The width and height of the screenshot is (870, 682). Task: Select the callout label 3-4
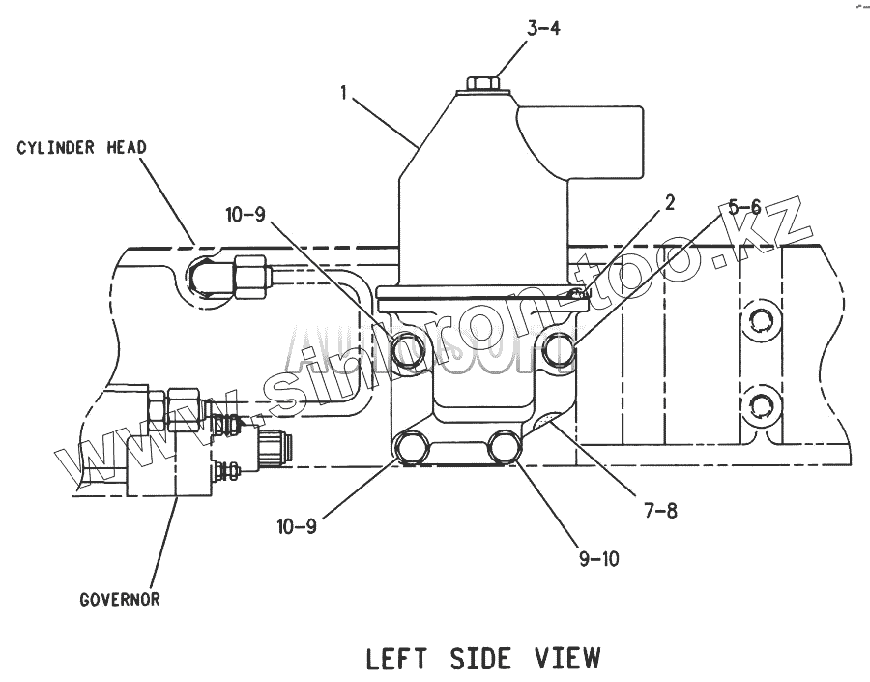tap(543, 28)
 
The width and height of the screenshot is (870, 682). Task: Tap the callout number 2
tap(669, 202)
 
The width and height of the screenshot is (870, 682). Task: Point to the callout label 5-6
tap(744, 205)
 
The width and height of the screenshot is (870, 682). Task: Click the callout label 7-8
tap(659, 511)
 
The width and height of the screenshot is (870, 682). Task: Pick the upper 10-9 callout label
tap(246, 215)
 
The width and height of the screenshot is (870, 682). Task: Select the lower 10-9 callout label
tap(297, 527)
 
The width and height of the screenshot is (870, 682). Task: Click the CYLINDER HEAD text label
tap(81, 148)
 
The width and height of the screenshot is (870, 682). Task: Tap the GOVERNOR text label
tap(120, 599)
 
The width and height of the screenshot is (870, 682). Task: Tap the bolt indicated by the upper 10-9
tap(407, 348)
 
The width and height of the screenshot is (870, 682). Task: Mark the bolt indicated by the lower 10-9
tap(411, 448)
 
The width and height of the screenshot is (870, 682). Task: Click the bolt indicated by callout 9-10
tap(505, 448)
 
